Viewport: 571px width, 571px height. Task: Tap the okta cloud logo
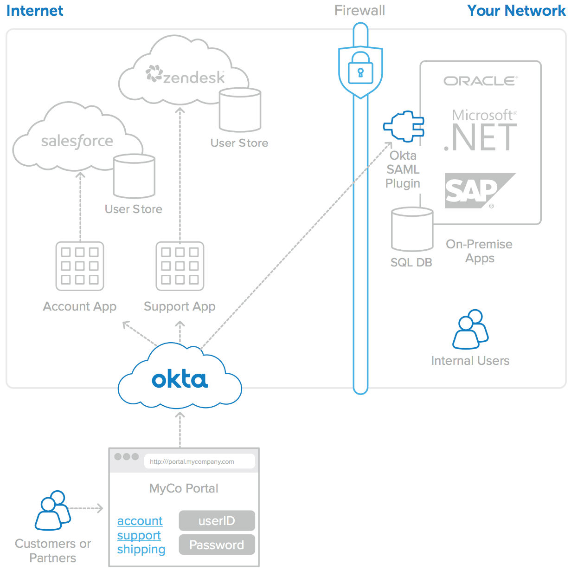pyautogui.click(x=180, y=380)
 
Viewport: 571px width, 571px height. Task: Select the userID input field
pyautogui.click(x=217, y=520)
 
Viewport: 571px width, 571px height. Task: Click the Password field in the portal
pyautogui.click(x=217, y=545)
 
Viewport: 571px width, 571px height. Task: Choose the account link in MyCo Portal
pyautogui.click(x=140, y=521)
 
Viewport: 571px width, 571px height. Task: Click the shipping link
pyautogui.click(x=141, y=549)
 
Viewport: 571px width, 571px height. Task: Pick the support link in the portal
pyautogui.click(x=139, y=535)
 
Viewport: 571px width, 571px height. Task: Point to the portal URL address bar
pyautogui.click(x=199, y=461)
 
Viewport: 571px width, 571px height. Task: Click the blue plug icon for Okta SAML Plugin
pyautogui.click(x=404, y=126)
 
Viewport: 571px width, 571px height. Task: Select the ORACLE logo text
pyautogui.click(x=480, y=81)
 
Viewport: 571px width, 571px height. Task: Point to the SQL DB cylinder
pyautogui.click(x=412, y=229)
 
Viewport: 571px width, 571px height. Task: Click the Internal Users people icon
pyautogui.click(x=470, y=330)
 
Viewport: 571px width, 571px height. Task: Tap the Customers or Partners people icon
pyautogui.click(x=52, y=510)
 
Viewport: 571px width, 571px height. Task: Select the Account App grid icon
pyautogui.click(x=80, y=266)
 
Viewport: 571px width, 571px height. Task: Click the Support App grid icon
pyautogui.click(x=180, y=266)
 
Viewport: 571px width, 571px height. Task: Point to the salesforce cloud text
pyautogui.click(x=77, y=141)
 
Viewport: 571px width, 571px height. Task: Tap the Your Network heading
pyautogui.click(x=516, y=11)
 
